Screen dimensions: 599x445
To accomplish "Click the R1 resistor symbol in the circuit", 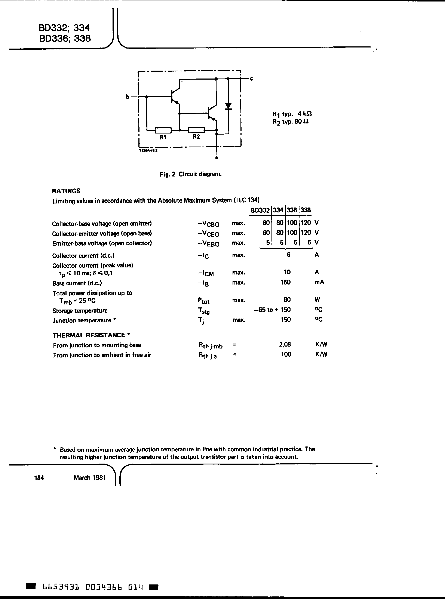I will tap(163, 130).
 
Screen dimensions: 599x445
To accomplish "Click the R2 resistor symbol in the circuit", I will tap(196, 130).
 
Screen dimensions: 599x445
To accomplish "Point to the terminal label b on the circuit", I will tap(128, 96).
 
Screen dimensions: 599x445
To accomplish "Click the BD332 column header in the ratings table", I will tap(260, 210).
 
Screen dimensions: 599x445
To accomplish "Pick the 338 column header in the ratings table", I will tap(306, 210).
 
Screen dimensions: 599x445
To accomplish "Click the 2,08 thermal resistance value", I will tap(285, 344).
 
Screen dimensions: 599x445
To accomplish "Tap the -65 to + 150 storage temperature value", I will tap(272, 310).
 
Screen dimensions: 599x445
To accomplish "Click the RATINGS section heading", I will tap(66, 191).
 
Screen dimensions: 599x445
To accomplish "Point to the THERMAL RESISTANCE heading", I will tap(89, 335).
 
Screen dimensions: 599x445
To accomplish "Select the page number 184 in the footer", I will tap(39, 478).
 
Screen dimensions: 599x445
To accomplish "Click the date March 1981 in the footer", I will tap(90, 477).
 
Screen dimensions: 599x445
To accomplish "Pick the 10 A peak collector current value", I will tap(287, 272).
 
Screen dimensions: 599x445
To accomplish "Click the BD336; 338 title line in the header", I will tap(65, 39).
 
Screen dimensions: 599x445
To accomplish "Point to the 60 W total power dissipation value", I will tap(287, 299).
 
